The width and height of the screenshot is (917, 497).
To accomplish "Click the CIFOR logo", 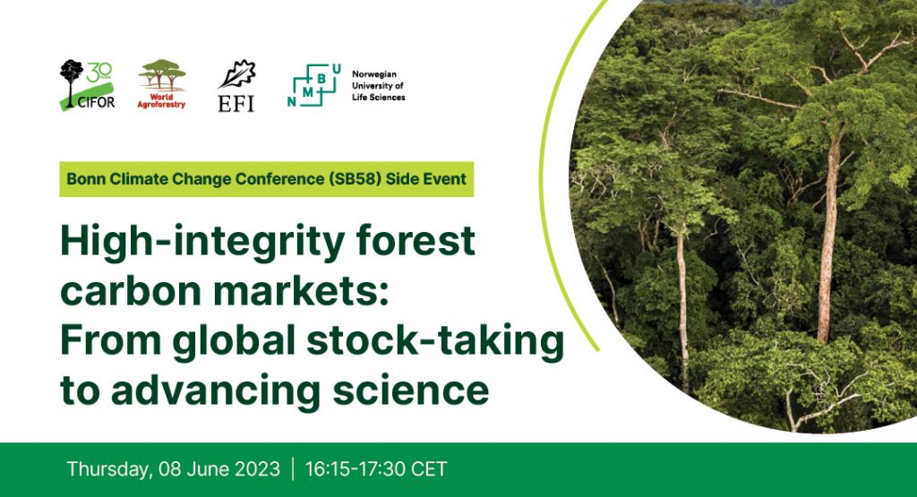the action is point(88,85).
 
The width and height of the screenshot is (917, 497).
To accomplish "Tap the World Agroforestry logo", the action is point(161,84).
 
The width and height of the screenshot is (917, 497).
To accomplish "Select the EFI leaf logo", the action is point(236,85).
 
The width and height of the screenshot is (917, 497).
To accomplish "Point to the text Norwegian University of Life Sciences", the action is point(379,86).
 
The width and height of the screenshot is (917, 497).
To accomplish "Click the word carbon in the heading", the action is point(128,290).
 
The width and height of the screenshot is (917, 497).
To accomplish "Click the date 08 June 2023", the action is point(219,469).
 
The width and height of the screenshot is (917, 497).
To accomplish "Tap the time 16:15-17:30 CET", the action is point(376,469).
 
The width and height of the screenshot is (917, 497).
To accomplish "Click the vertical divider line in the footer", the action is point(293,469).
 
